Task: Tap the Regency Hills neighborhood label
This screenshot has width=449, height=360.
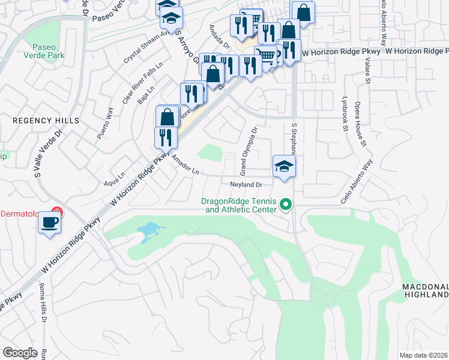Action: coord(46,121)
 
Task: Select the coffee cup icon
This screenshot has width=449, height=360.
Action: coord(49,224)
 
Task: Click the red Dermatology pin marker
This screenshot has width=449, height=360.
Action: coord(56,212)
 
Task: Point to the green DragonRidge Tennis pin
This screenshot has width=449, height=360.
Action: coord(286,206)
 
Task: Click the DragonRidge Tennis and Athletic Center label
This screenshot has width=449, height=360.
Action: coord(241,206)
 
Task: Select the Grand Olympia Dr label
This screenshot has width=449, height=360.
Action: coord(249,147)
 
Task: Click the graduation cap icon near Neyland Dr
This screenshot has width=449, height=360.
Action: coord(284,167)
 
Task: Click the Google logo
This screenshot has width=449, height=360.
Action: coord(20,353)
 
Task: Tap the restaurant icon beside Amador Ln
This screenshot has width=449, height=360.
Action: coord(165,137)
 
